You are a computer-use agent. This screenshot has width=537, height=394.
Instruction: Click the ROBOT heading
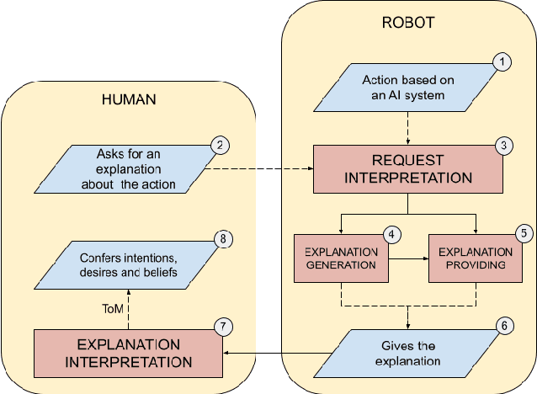[407, 23]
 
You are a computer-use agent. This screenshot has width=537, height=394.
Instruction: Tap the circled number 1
[502, 62]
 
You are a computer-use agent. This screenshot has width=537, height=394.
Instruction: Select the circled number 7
[221, 326]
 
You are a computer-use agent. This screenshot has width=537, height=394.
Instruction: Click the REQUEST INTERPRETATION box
[408, 168]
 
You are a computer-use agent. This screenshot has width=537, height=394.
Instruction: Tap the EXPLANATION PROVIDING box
[476, 258]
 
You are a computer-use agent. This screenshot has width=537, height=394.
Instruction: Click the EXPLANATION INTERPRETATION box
[129, 353]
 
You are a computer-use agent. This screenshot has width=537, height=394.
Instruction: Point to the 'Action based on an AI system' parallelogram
[408, 88]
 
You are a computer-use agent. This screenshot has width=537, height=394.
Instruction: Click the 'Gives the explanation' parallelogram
[408, 354]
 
